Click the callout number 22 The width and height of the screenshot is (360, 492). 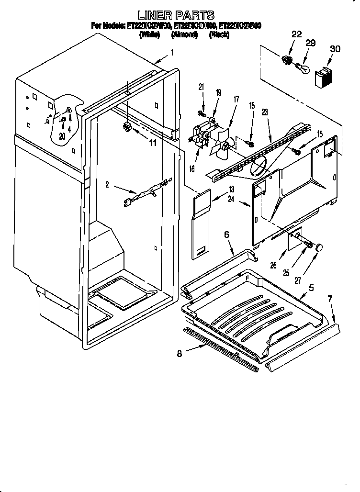pyautogui.click(x=296, y=34)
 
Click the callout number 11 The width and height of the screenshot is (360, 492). pyautogui.click(x=152, y=143)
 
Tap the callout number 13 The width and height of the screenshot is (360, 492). pyautogui.click(x=231, y=189)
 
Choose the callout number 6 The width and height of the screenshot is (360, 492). pyautogui.click(x=227, y=234)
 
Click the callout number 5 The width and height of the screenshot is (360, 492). pyautogui.click(x=311, y=288)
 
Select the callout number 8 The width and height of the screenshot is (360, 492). pyautogui.click(x=180, y=354)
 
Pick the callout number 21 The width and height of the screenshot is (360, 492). pyautogui.click(x=201, y=87)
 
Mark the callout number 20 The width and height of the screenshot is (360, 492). pyautogui.click(x=62, y=136)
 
